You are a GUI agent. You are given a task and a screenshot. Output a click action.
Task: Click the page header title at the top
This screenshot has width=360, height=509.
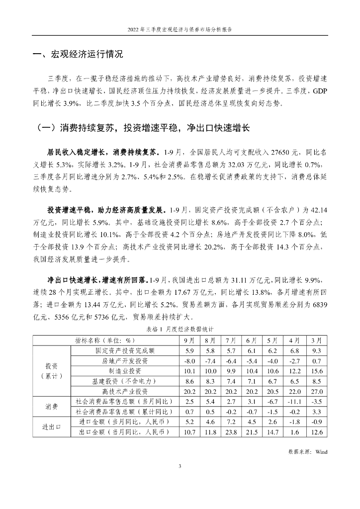180,29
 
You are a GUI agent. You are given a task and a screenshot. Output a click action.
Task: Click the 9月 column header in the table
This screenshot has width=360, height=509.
189,340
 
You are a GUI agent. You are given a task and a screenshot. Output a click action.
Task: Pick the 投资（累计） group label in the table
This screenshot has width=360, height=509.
51,371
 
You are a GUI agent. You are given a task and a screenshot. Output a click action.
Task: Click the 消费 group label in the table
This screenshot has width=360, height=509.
51,407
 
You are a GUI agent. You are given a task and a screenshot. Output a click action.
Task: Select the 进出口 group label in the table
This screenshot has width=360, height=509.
51,427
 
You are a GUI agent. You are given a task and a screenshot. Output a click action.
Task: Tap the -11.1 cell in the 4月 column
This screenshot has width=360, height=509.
293,402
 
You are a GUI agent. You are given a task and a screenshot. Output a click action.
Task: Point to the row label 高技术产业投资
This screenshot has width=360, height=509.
124,392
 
